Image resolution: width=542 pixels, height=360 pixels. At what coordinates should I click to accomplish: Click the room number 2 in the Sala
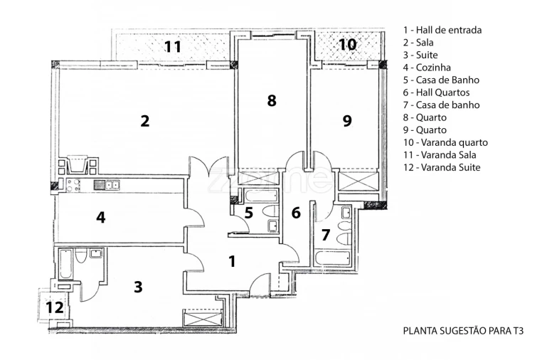(144, 121)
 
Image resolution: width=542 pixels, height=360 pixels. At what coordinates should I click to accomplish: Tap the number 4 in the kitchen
(101, 217)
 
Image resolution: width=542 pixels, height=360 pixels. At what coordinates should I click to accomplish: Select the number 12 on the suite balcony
(55, 308)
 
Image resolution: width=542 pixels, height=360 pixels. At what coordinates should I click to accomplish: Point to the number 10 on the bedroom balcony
(346, 44)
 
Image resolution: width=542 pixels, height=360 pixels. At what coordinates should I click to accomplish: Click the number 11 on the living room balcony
(172, 47)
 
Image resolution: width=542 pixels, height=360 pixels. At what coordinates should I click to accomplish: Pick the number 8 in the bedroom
(271, 100)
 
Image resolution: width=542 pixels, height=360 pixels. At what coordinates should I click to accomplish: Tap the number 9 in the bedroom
(346, 121)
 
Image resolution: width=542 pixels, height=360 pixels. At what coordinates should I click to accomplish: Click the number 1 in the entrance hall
(231, 261)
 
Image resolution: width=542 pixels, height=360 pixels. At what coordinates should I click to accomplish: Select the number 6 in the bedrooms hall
(296, 212)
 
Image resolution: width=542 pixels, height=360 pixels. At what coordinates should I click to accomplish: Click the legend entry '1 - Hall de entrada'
(442, 30)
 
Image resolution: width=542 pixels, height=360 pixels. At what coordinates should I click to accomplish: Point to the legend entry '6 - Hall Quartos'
(436, 92)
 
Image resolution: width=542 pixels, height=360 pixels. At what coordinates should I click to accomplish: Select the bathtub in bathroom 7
(332, 257)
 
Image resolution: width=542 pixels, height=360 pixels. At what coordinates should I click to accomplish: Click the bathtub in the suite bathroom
(65, 264)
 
